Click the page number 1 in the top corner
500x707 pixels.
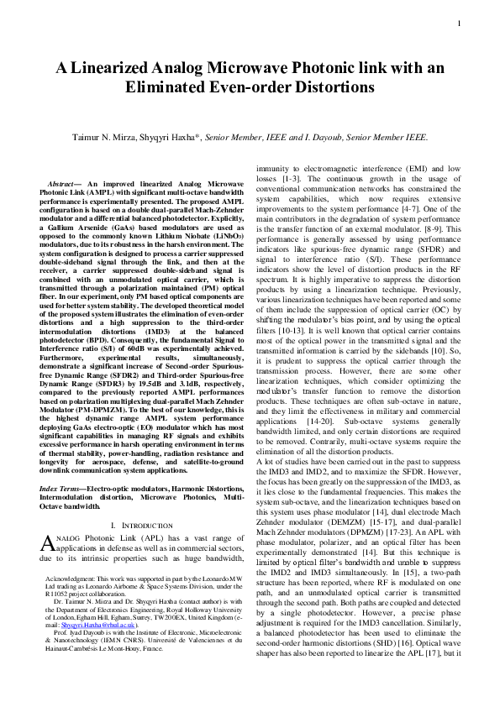pos(461,23)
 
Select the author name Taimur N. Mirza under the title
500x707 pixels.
pos(107,136)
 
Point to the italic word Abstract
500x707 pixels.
pos(62,183)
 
